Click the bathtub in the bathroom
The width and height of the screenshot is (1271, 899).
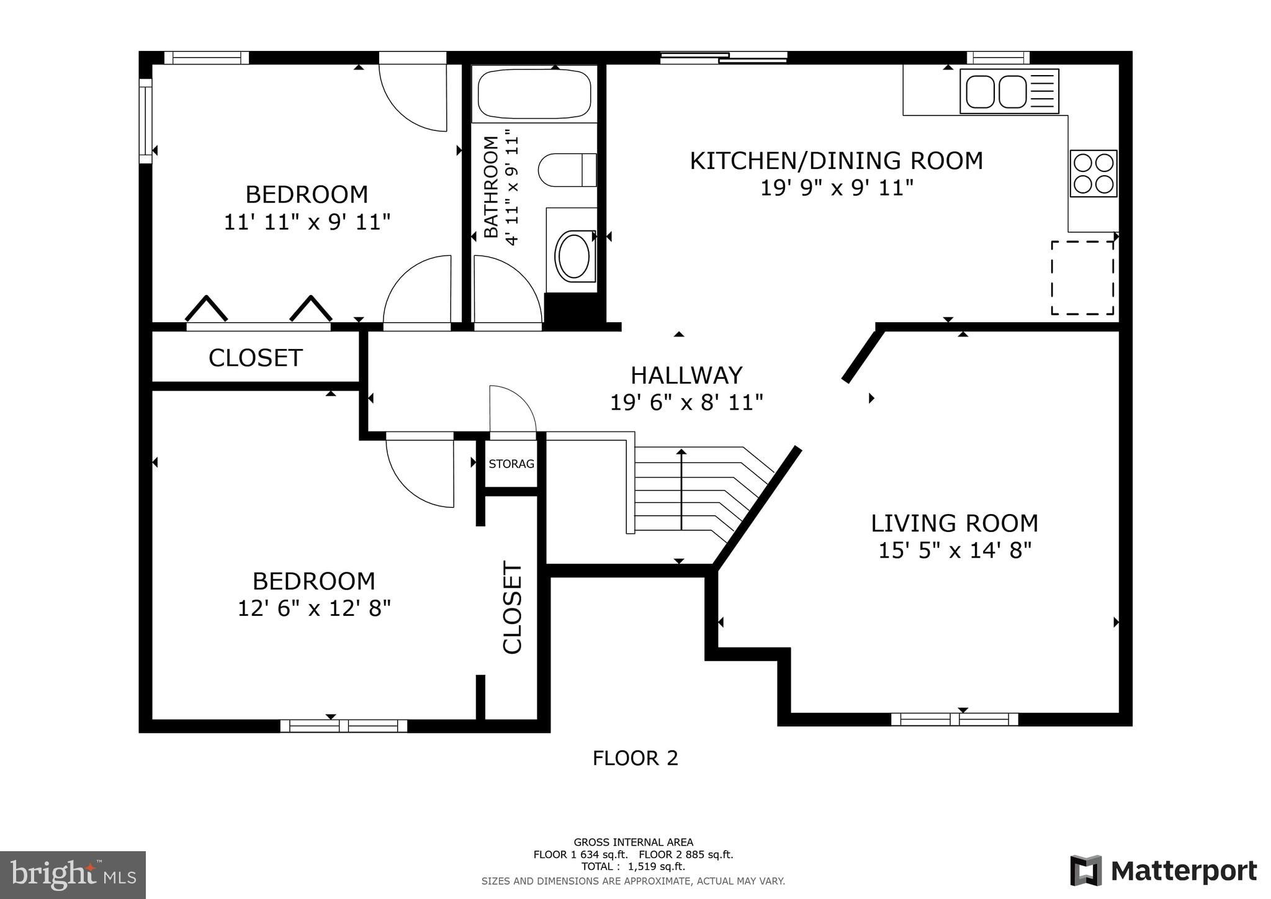pyautogui.click(x=534, y=94)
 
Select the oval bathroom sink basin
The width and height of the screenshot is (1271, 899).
pyautogui.click(x=575, y=256)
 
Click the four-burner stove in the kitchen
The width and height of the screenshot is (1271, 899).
pyautogui.click(x=1093, y=173)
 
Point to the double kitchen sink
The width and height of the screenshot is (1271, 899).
pyautogui.click(x=1009, y=91)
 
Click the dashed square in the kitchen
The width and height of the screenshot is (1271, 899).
pyautogui.click(x=1082, y=278)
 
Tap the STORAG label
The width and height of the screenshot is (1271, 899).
pyautogui.click(x=511, y=464)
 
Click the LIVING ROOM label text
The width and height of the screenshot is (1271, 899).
pyautogui.click(x=954, y=523)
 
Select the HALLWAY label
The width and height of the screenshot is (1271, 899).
pyautogui.click(x=686, y=376)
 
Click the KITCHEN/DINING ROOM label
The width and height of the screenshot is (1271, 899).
pyautogui.click(x=837, y=161)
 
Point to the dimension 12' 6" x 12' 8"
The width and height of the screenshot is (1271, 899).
pyautogui.click(x=314, y=608)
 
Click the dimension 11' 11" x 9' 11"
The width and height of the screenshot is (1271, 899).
pyautogui.click(x=307, y=222)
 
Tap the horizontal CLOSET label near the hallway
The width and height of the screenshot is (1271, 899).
pyautogui.click(x=256, y=358)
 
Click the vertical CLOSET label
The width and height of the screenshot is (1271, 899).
pyautogui.click(x=512, y=607)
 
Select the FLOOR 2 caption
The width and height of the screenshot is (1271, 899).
pyautogui.click(x=635, y=758)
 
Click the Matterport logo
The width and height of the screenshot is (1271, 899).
pyautogui.click(x=1164, y=871)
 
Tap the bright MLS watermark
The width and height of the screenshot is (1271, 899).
pyautogui.click(x=73, y=875)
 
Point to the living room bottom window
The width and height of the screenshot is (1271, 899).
pyautogui.click(x=954, y=720)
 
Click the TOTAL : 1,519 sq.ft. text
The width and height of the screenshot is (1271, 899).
pyautogui.click(x=633, y=867)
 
